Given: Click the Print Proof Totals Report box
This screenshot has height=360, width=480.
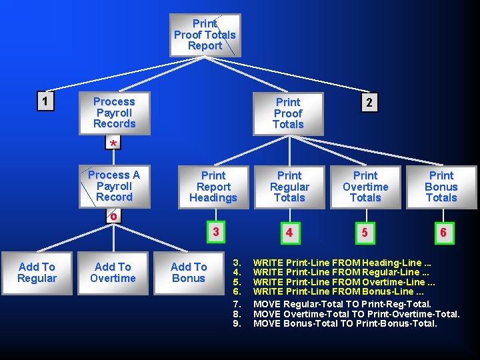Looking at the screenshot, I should pos(205,35).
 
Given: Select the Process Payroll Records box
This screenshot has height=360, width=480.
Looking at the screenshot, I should pos(114,113).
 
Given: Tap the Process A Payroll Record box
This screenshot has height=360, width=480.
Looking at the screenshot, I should pos(114,186).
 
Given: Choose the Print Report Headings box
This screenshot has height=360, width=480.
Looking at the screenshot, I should pos(213,187).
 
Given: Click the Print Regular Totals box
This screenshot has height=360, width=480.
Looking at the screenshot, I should pos(289,187).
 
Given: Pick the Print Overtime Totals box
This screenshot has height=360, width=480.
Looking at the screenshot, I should pos(365,187).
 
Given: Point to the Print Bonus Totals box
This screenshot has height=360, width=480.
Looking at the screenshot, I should pos(441,187).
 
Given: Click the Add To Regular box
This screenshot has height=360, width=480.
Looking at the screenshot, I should pos(37,273).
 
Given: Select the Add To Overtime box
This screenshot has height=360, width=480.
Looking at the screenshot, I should pos(113,273).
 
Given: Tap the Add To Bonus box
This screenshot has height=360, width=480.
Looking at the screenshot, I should pos(189,273).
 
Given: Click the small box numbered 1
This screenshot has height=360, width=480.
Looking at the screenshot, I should pos(45,101).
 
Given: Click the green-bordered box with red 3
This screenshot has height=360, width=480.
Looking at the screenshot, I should pos(214,231).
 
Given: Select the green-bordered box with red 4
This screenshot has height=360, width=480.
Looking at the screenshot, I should pos(289,232).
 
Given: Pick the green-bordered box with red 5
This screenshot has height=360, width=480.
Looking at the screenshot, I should pos(364,232).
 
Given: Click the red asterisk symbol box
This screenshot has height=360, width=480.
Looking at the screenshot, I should pos(114,144).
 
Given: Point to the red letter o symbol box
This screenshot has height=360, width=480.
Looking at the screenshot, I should pos(114,216).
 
